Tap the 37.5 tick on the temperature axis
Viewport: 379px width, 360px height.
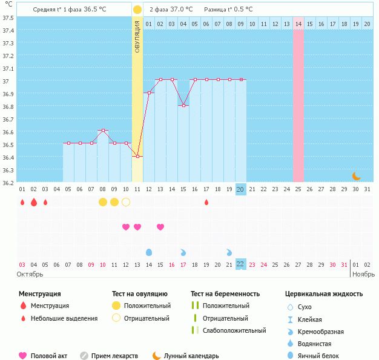[x=8, y=18]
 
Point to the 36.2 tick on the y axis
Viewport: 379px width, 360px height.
[x=8, y=183]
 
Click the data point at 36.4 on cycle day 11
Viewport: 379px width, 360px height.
[x=137, y=157]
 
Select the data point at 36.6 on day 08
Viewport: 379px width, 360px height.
[x=103, y=131]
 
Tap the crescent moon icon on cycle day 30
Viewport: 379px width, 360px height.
[x=356, y=176]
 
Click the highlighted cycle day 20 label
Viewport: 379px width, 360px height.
[x=240, y=189]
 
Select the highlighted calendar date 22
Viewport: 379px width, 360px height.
[x=240, y=264]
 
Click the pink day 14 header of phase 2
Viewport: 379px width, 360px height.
[x=298, y=24]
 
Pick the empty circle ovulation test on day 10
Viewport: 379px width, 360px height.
[x=126, y=201]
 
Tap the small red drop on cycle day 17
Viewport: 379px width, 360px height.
[x=206, y=202]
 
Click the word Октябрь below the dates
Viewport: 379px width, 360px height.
[x=30, y=274]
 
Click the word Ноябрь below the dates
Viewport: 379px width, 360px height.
[x=363, y=274]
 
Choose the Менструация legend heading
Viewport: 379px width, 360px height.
[x=39, y=293]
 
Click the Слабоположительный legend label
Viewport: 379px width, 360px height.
[x=234, y=330]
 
